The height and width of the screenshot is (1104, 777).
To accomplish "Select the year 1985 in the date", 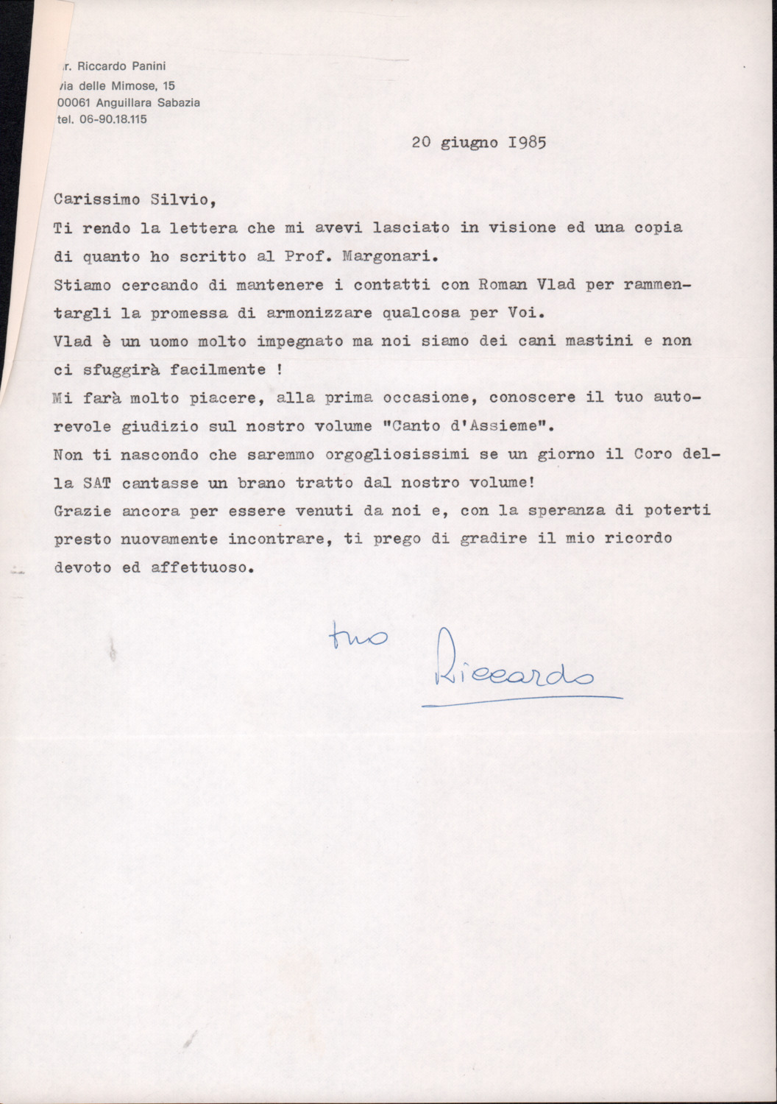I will pos(527,142).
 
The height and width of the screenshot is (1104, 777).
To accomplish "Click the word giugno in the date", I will pos(470,143).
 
